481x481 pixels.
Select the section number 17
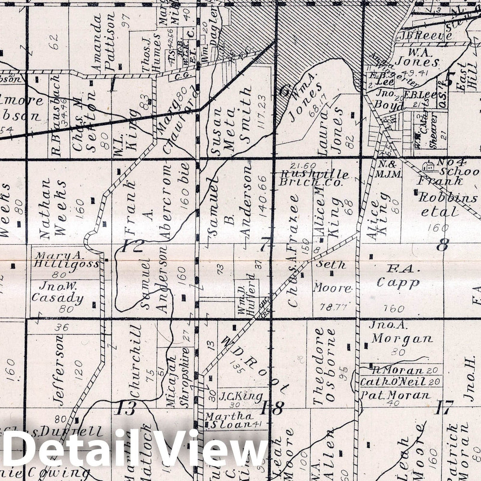[443, 408]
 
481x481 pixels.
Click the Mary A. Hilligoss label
[66, 260]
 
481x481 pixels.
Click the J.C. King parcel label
[241, 397]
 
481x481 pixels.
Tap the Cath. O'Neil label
[393, 382]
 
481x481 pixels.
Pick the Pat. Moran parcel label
[395, 395]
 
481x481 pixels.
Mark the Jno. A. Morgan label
[401, 332]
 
